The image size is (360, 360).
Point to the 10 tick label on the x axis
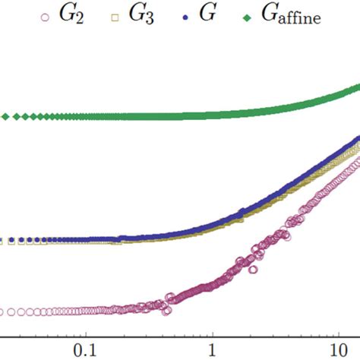336,352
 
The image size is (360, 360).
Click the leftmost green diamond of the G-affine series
5,116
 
